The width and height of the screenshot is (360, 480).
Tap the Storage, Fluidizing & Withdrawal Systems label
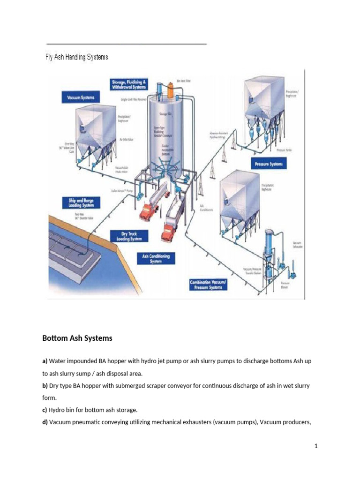click(128, 84)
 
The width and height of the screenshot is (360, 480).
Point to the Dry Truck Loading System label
click(128, 236)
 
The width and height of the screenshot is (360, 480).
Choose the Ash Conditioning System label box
click(156, 258)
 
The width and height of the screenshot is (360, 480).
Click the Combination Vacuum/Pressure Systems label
click(209, 285)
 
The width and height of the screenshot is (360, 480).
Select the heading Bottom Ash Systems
click(77, 338)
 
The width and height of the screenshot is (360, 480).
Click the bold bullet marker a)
click(45, 362)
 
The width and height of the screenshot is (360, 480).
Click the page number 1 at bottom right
click(316, 446)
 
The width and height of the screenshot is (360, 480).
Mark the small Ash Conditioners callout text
click(206, 208)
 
